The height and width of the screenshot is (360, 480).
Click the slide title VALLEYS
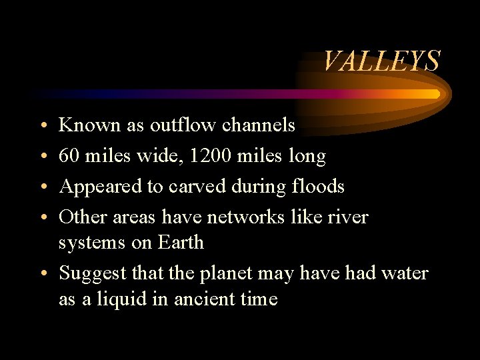pyautogui.click(x=381, y=61)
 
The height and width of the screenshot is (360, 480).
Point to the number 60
pyautogui.click(x=68, y=157)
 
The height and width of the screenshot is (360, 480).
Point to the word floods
pyautogui.click(x=319, y=187)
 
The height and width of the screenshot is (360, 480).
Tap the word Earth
pyautogui.click(x=181, y=242)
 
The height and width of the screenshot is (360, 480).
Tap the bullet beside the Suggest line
pyautogui.click(x=42, y=274)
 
